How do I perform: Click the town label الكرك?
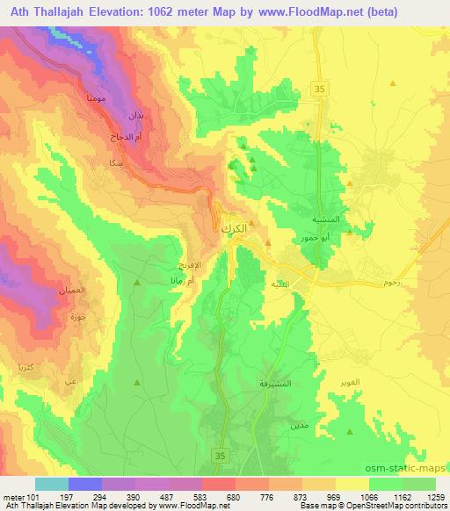pyautogui.click(x=231, y=227)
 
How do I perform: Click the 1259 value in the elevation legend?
pyautogui.click(x=431, y=497)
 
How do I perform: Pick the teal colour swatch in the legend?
pyautogui.click(x=52, y=484)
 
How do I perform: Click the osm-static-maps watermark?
pyautogui.click(x=407, y=470)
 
